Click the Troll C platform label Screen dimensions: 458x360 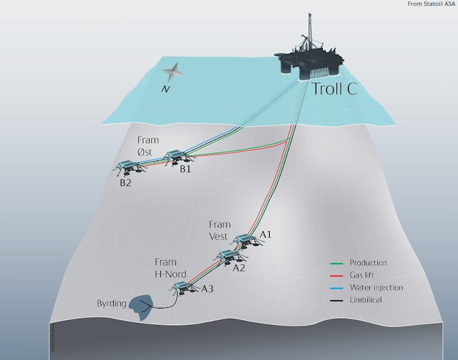click(335, 89)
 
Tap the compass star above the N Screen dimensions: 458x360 click(172, 72)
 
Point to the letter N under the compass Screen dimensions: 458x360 click(165, 89)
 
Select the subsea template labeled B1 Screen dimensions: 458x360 click(177, 157)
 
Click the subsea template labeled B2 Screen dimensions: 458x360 click(129, 167)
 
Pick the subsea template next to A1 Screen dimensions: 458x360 click(246, 241)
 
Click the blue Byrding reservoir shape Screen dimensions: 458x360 click(141, 307)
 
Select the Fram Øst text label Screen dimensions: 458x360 click(148, 146)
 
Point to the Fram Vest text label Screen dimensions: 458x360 click(220, 230)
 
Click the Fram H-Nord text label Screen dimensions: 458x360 click(170, 268)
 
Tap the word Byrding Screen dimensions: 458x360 click(112, 303)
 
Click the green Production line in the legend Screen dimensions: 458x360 click(336, 263)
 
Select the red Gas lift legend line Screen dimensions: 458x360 click(336, 276)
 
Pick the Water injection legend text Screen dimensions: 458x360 click(376, 288)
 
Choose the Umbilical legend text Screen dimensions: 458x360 click(366, 300)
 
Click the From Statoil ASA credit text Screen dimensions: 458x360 click(431, 4)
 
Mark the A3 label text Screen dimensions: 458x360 click(208, 289)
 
